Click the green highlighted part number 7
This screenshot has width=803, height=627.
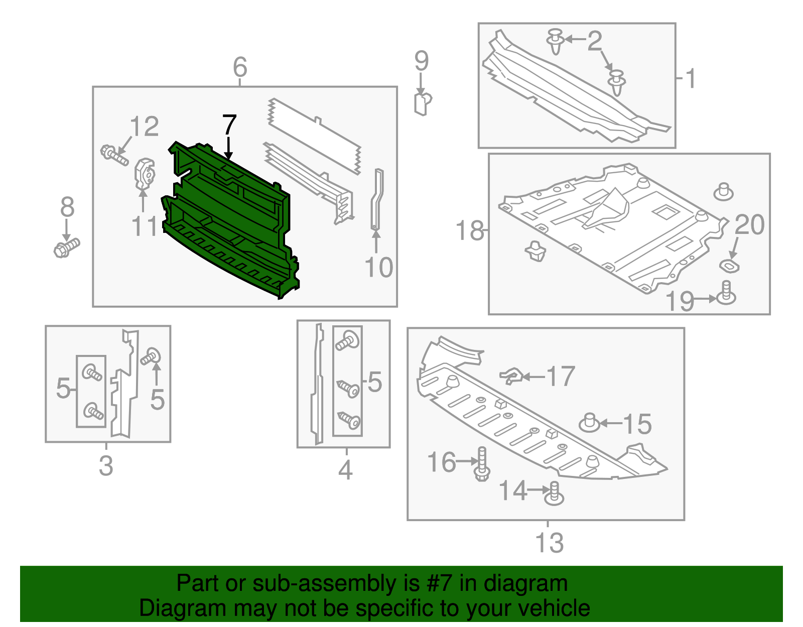coord(231,221)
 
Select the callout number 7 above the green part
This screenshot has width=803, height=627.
coord(229,126)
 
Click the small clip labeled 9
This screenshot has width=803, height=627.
coord(423,103)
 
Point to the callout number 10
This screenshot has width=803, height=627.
coord(379,268)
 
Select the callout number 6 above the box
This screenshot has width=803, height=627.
coord(240,67)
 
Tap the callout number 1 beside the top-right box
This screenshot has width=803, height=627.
coord(691,79)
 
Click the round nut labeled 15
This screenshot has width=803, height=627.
coord(590,423)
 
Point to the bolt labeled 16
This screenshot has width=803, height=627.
coord(482,464)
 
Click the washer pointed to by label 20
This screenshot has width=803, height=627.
coord(729,266)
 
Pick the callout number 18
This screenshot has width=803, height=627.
coord(470,231)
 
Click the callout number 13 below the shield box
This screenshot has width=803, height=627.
coord(549,543)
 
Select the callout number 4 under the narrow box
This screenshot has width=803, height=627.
coord(345,470)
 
